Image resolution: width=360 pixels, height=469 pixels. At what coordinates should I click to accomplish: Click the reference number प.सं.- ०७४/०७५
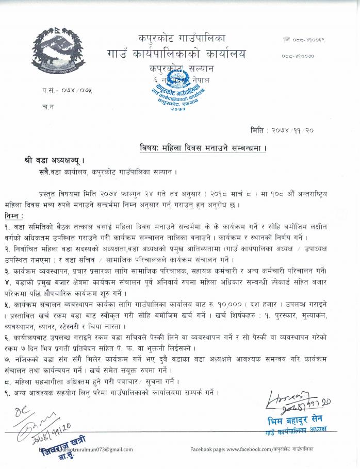(67, 91)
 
